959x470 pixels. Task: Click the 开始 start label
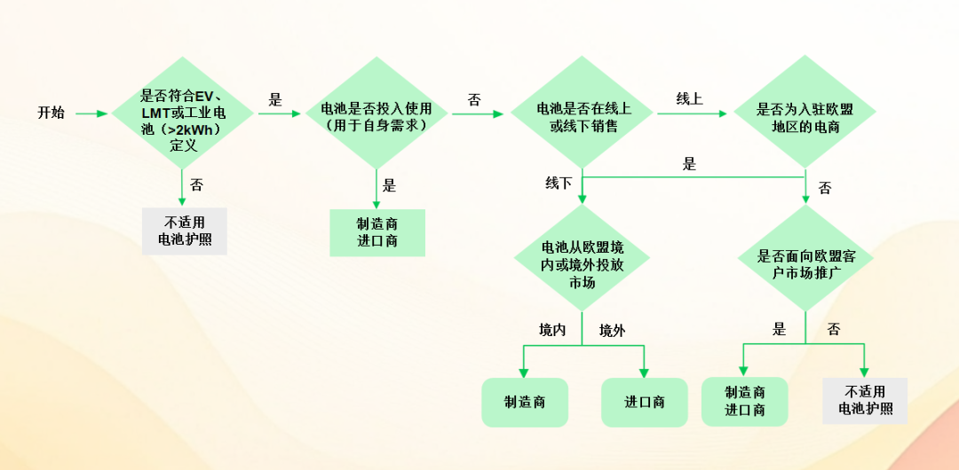(51, 113)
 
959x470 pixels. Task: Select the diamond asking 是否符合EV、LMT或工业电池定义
(183, 114)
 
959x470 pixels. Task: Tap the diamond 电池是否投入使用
(378, 114)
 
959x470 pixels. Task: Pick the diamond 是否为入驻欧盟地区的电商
(804, 114)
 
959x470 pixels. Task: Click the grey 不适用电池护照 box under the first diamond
(185, 231)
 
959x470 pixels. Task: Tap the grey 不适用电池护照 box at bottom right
(865, 401)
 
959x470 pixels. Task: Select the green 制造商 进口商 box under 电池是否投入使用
(377, 232)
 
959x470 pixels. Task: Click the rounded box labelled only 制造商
(525, 402)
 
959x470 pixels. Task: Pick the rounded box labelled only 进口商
(645, 402)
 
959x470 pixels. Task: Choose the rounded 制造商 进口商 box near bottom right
(745, 401)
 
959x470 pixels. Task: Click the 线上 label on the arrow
(689, 99)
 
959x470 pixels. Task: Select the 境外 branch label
(612, 330)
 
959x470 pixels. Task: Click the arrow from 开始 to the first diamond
(89, 114)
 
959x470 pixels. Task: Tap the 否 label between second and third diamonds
(474, 99)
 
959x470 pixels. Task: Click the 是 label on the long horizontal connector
(689, 164)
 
